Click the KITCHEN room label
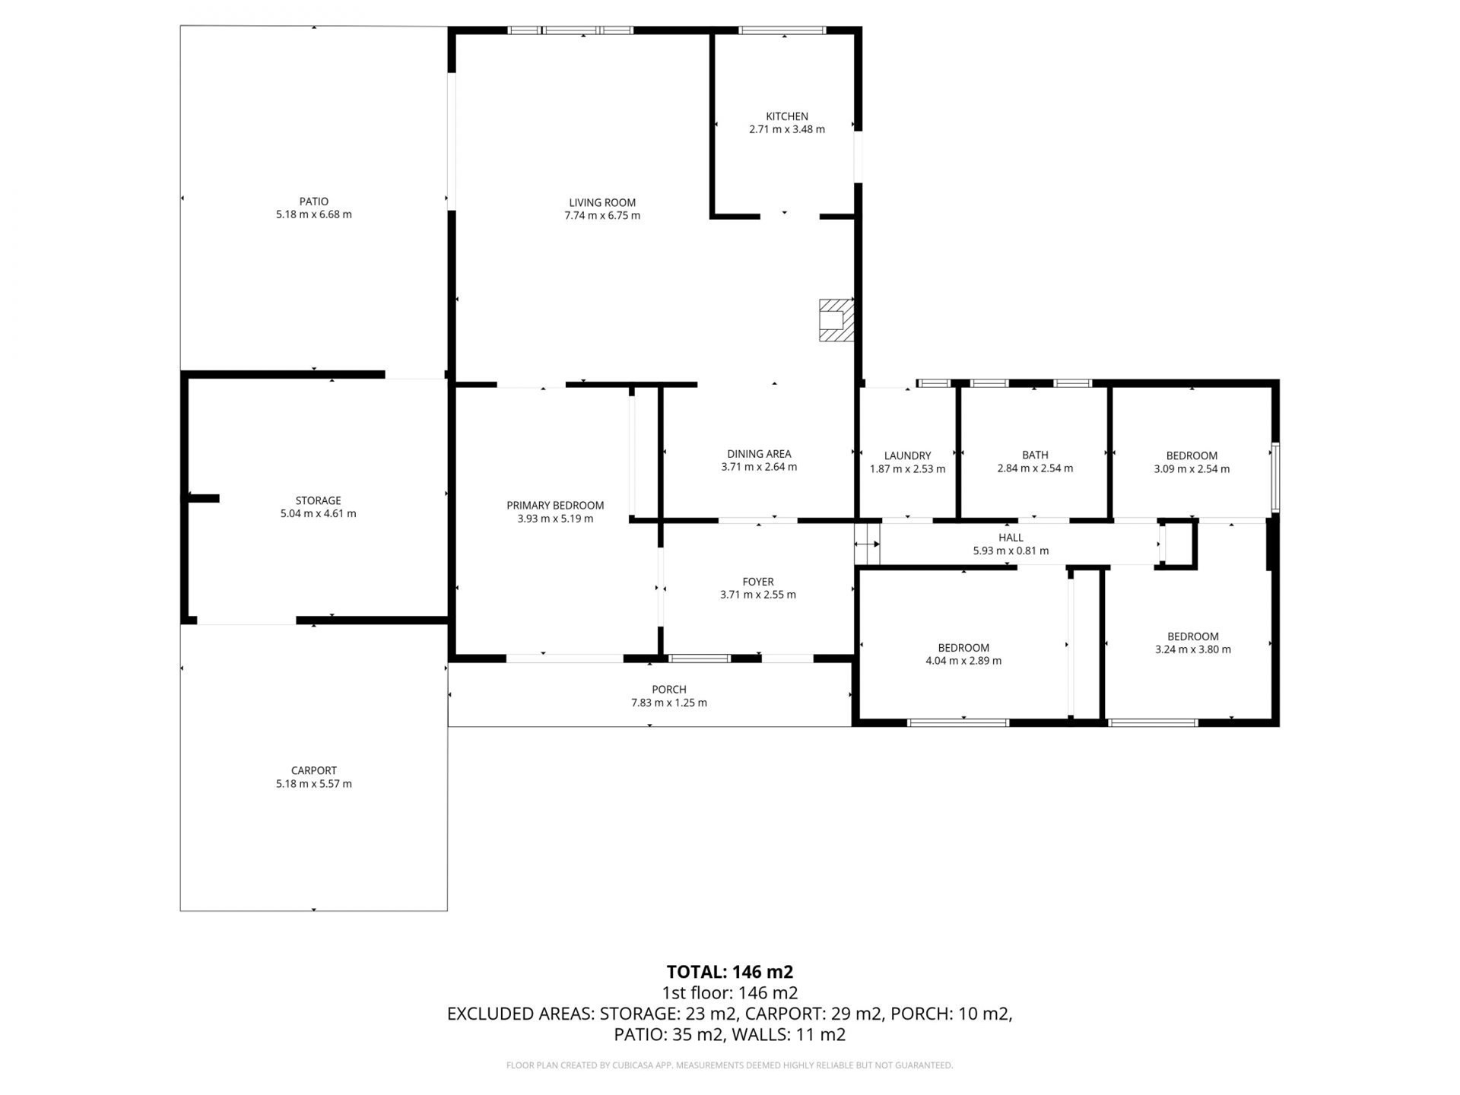[787, 116]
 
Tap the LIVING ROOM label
[602, 202]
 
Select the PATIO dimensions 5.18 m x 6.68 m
[314, 214]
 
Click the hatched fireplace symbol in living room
[836, 320]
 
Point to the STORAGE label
[318, 500]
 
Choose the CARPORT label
[314, 770]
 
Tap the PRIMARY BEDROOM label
[555, 505]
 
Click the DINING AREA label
[759, 454]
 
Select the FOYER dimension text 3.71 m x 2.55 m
[758, 595]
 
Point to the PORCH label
[669, 690]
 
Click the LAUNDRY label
[908, 455]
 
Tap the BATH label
[1035, 455]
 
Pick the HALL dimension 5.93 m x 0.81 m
[1011, 551]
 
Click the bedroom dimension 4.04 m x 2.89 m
[963, 661]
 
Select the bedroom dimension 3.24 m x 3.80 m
[1193, 649]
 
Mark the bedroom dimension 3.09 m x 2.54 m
[1192, 468]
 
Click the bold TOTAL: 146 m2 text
[730, 972]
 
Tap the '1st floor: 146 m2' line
[730, 992]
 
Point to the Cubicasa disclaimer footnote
[730, 1065]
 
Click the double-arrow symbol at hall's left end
[867, 544]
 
